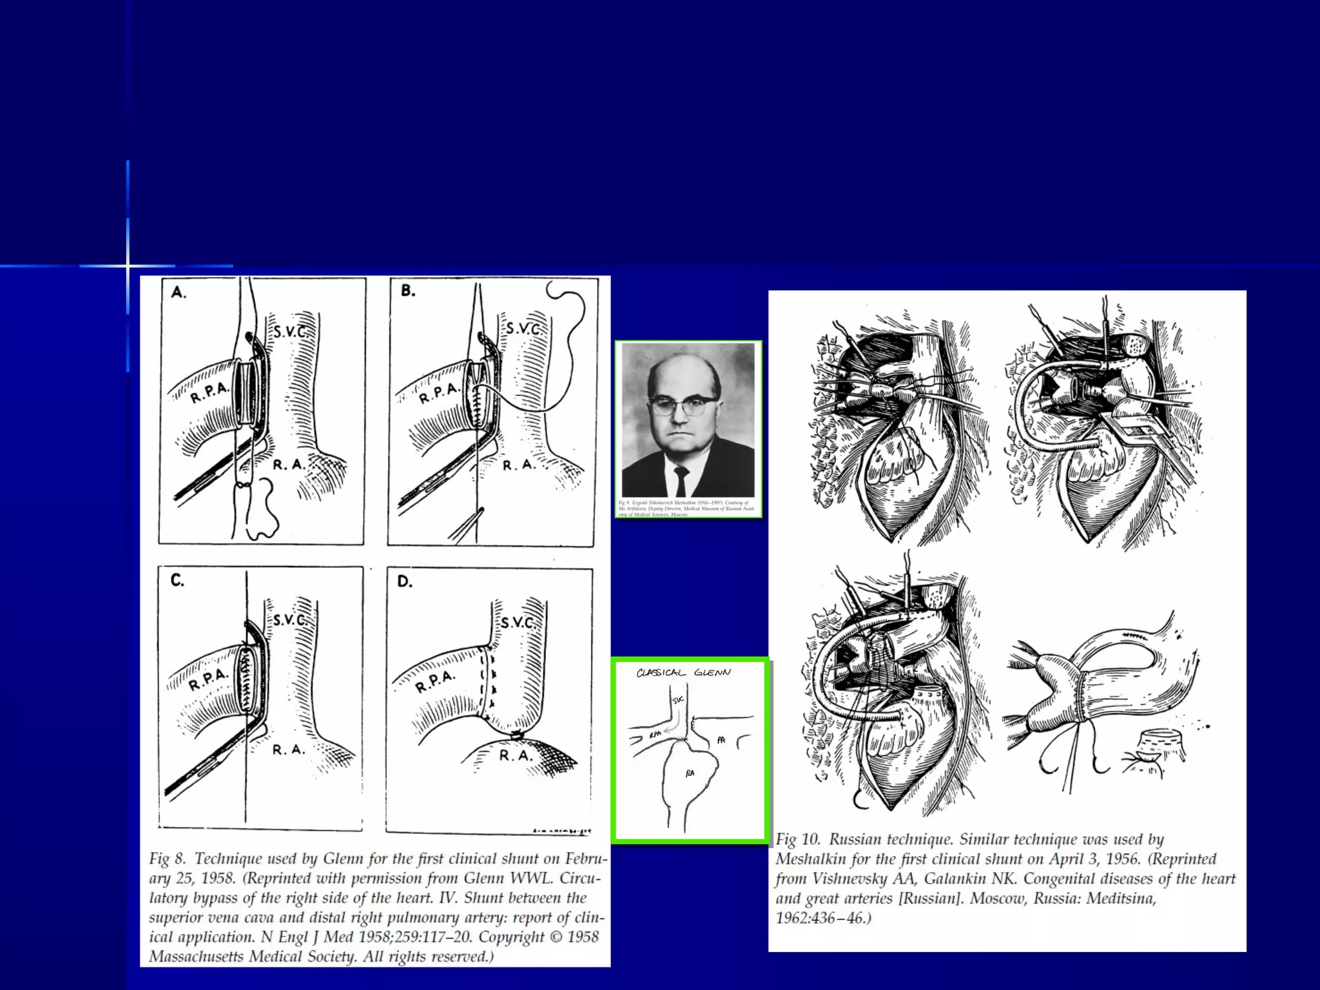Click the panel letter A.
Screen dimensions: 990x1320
[179, 293]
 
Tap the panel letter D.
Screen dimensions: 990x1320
[404, 581]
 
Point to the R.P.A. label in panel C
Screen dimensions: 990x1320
[208, 680]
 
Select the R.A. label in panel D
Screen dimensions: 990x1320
[516, 755]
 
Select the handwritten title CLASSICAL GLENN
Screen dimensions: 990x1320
[683, 673]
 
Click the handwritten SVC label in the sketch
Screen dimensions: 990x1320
[678, 700]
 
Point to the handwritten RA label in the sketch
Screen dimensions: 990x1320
[690, 773]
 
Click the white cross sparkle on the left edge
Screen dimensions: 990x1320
[128, 266]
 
